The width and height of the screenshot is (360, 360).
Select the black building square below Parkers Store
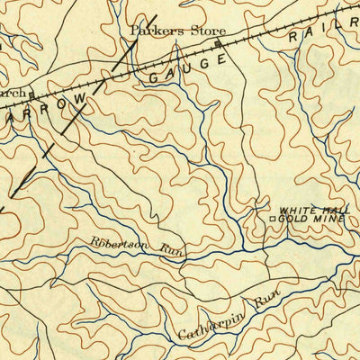tap(217, 42)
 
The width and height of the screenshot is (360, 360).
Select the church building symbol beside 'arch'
tap(31, 93)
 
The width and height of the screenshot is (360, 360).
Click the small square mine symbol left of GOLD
tap(273, 218)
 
